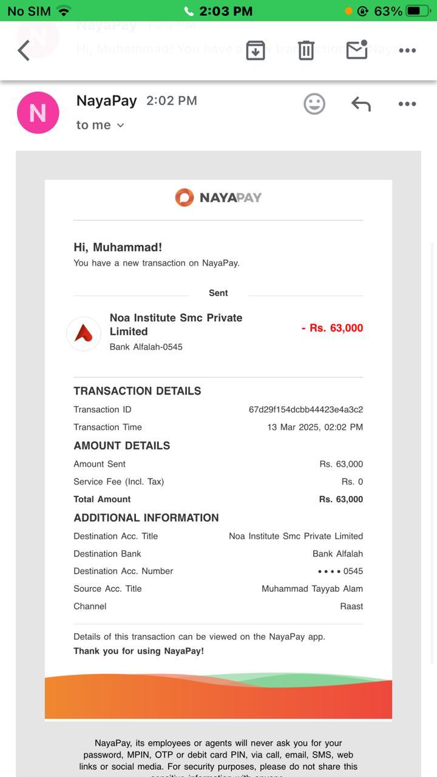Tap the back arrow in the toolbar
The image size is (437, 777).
tap(24, 50)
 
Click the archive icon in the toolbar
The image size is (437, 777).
tap(256, 50)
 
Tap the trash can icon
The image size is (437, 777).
tap(306, 50)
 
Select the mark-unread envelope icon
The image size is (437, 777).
tap(357, 50)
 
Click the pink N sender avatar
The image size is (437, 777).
tap(38, 112)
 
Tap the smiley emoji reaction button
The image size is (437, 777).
tap(314, 104)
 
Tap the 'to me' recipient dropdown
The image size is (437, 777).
tap(100, 125)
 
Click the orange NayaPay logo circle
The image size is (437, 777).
tap(185, 197)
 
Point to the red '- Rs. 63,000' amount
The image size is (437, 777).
tap(332, 328)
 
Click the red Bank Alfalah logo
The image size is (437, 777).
tap(84, 333)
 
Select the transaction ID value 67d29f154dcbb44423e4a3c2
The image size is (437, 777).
tap(306, 410)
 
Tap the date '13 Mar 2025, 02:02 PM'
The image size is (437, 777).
tap(315, 427)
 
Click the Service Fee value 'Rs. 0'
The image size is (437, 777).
tap(352, 482)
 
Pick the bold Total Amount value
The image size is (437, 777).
tap(341, 500)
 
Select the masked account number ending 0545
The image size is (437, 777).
tap(340, 571)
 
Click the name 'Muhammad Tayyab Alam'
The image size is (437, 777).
tap(312, 589)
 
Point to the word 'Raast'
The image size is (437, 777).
tap(351, 606)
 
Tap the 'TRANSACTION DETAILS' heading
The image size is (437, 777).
tap(137, 391)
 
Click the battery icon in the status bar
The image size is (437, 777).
tap(418, 11)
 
